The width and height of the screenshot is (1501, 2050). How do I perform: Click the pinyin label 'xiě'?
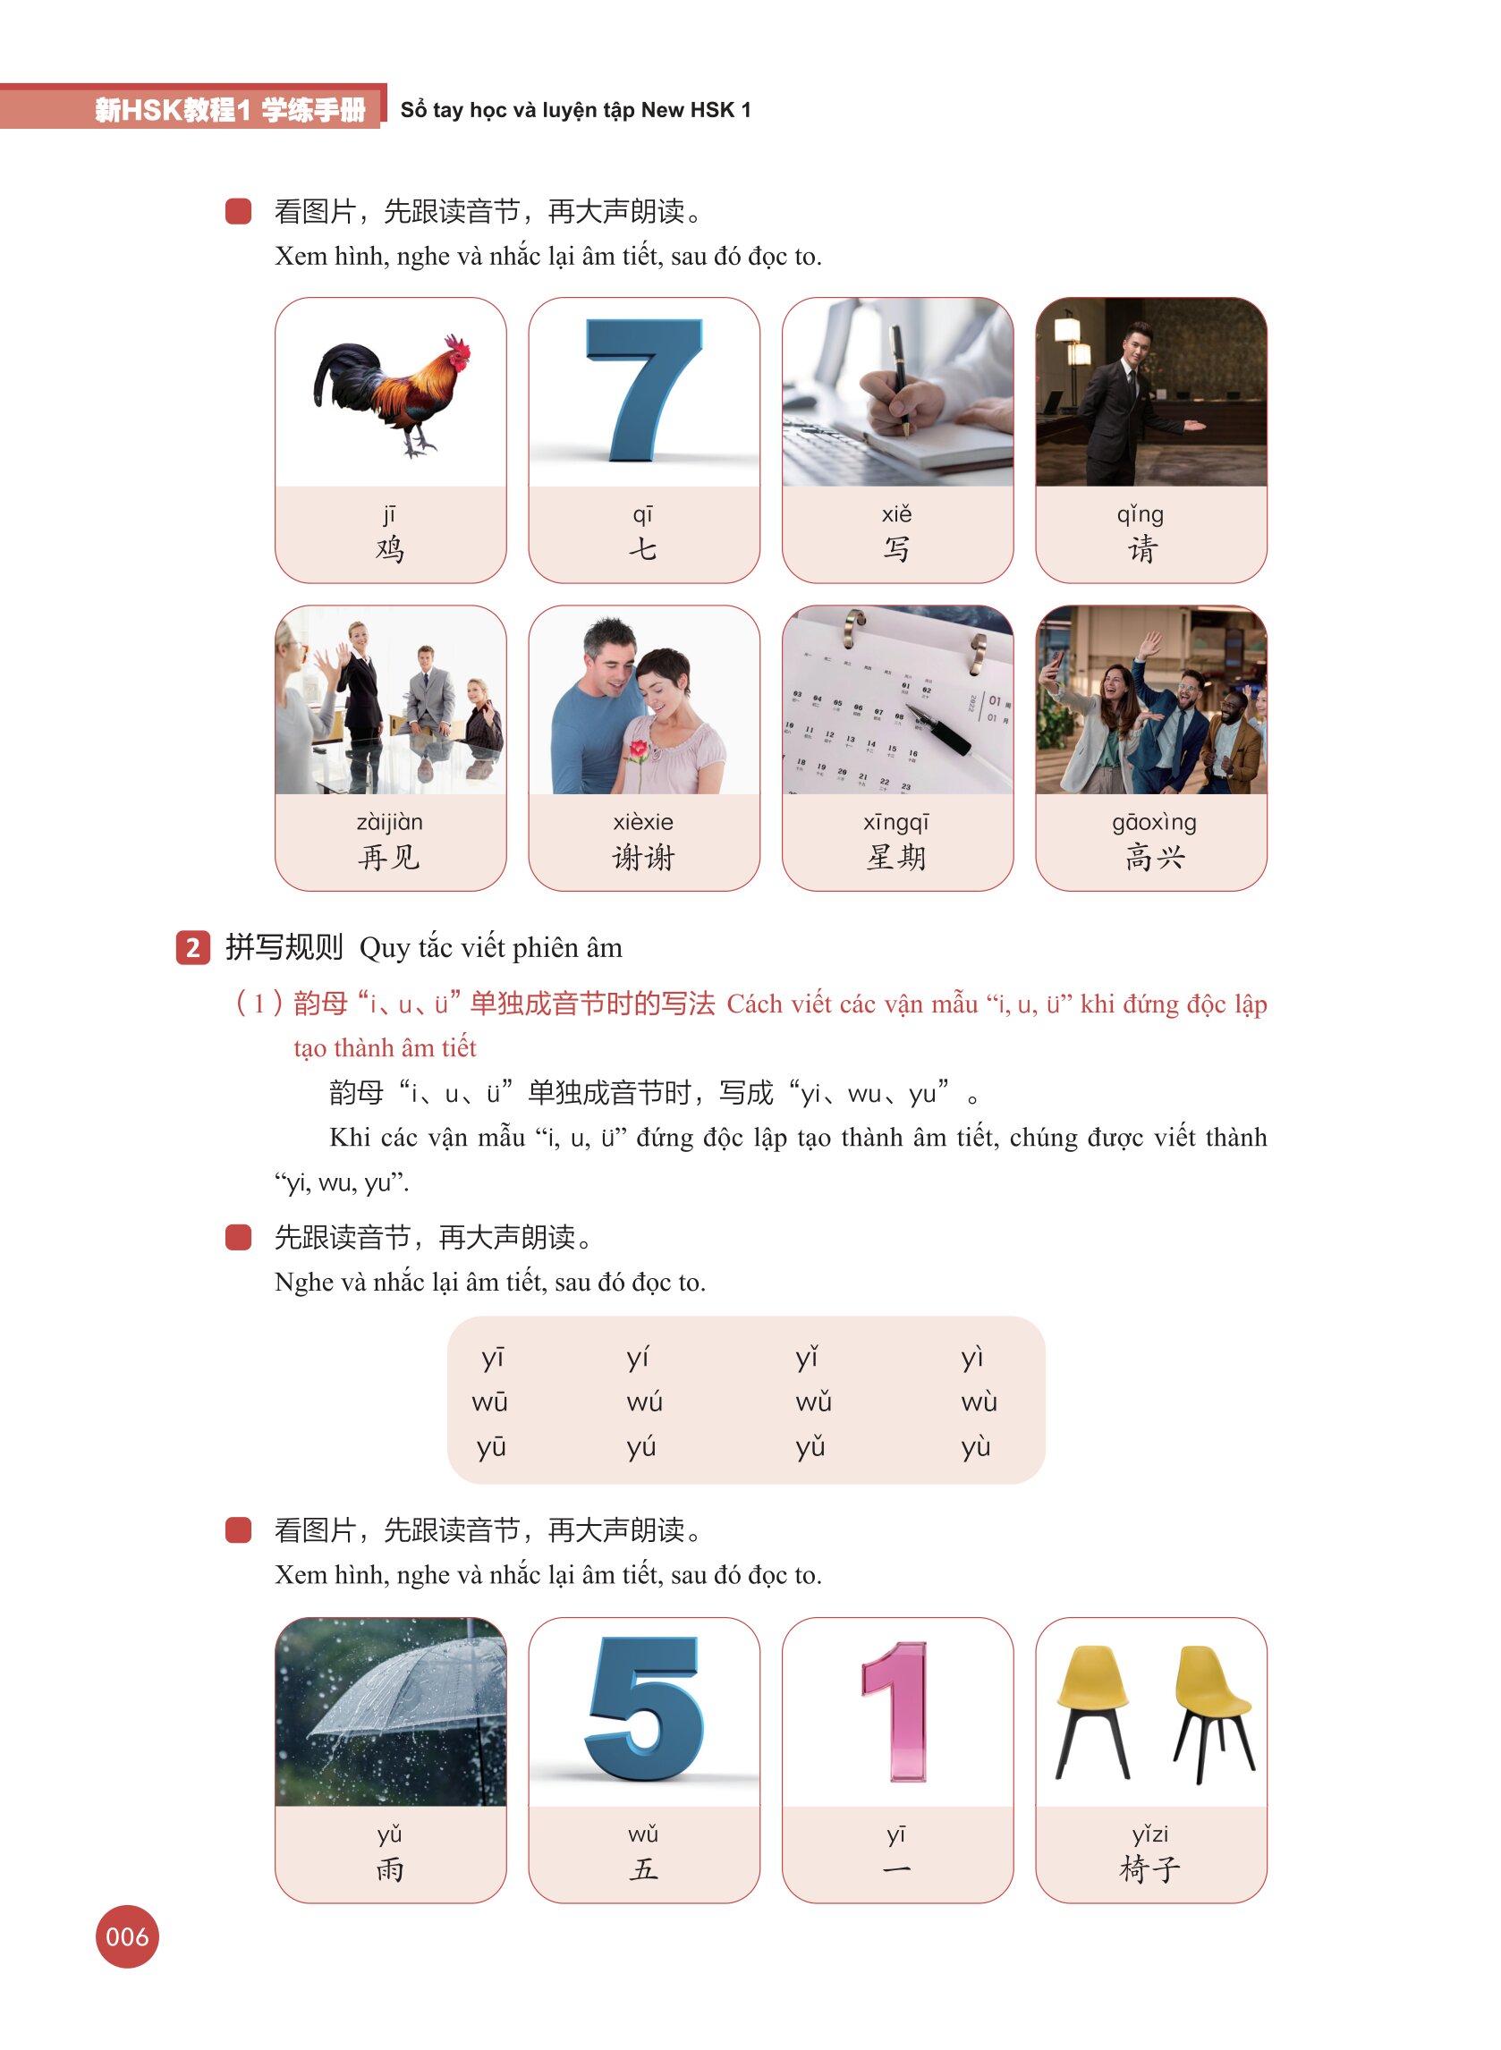[x=897, y=514]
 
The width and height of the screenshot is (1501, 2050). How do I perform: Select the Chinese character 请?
[x=1142, y=549]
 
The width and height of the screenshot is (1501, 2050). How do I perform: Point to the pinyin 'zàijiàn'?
[x=390, y=823]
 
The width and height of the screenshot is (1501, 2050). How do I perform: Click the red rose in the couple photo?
[x=639, y=750]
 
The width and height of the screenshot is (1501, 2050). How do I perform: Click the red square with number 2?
[x=192, y=948]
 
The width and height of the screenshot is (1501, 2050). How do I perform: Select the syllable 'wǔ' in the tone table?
[x=813, y=1402]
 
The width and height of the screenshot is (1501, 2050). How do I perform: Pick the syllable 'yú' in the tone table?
[x=641, y=1447]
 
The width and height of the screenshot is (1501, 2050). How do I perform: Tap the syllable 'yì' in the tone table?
[x=972, y=1358]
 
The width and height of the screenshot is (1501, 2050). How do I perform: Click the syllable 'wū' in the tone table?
[x=489, y=1402]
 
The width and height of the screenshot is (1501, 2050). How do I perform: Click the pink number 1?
[x=896, y=1711]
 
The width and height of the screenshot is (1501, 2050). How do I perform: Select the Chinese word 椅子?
[x=1150, y=1869]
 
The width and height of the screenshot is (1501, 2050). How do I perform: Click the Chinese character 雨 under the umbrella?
[x=390, y=1869]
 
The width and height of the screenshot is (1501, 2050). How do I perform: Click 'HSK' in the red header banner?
[x=151, y=110]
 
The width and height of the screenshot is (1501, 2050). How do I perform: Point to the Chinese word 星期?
[x=897, y=858]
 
